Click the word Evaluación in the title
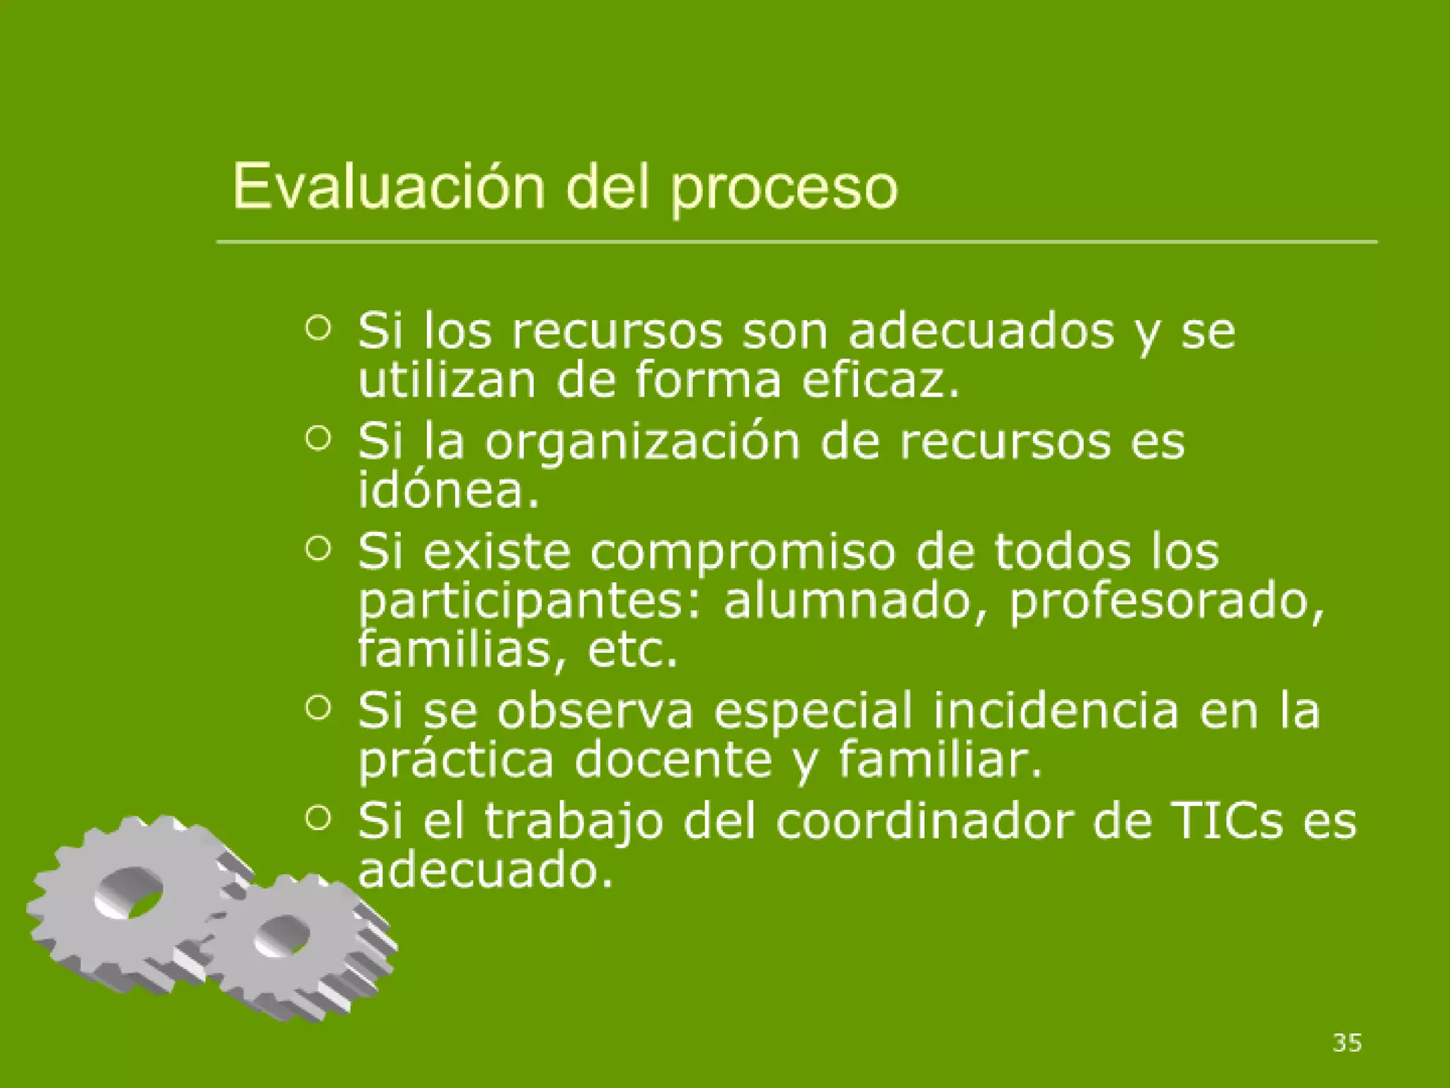388,187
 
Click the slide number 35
1347,1042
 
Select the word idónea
449,489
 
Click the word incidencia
1056,710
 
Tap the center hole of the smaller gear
282,936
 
